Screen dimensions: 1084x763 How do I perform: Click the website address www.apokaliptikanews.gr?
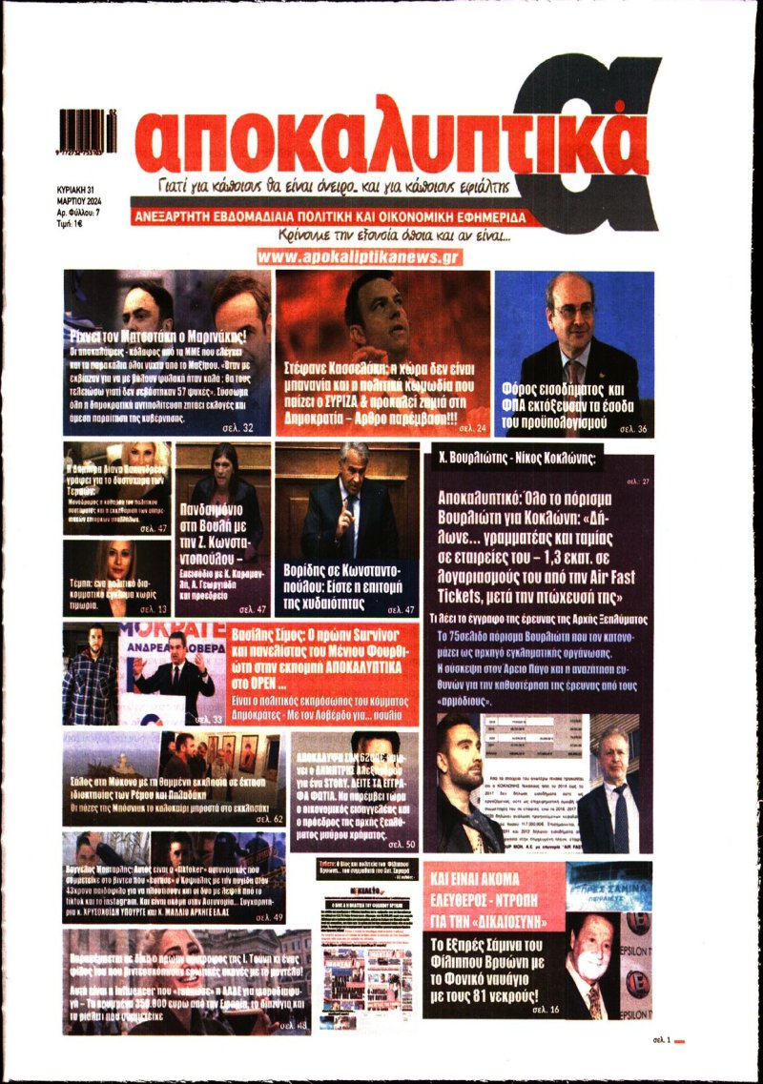click(x=360, y=256)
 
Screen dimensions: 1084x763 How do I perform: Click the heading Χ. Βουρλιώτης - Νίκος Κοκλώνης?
click(x=514, y=458)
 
